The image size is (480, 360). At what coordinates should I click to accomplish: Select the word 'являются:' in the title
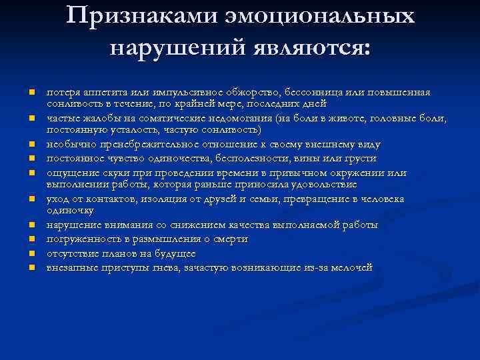(317, 47)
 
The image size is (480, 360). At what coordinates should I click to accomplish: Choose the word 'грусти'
(360, 159)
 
